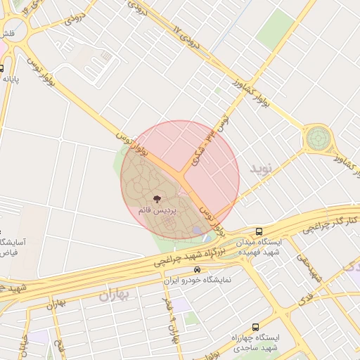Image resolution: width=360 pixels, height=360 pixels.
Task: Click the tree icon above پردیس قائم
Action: click(x=156, y=199)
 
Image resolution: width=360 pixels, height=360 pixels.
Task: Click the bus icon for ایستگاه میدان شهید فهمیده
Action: click(x=259, y=231)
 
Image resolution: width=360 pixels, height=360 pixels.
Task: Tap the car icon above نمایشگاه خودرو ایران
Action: click(x=198, y=269)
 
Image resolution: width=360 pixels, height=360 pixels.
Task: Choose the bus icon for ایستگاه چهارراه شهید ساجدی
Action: click(x=255, y=327)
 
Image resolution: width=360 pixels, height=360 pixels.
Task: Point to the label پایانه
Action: click(x=10, y=79)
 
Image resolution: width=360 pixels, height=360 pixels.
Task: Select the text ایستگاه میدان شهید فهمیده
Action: click(x=259, y=247)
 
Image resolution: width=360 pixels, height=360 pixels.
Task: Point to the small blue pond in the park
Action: click(x=198, y=230)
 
